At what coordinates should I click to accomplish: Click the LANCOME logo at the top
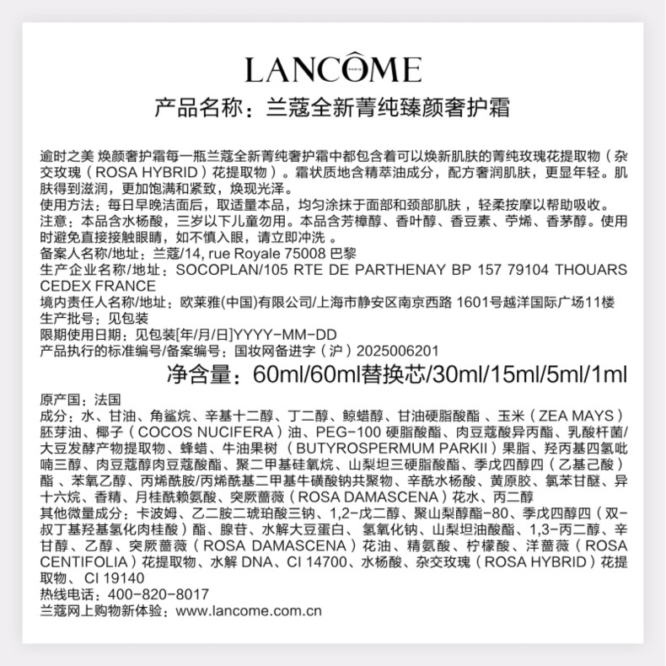(x=332, y=69)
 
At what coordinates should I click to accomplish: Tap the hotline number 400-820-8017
(x=148, y=593)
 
